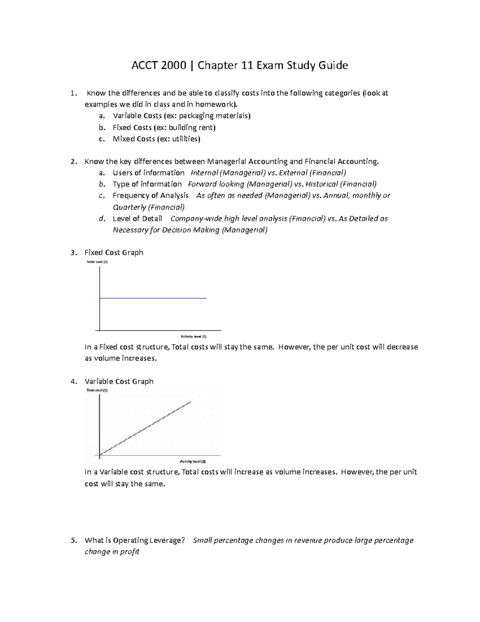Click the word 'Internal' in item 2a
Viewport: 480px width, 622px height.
point(204,173)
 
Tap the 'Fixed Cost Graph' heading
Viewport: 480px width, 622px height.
point(114,252)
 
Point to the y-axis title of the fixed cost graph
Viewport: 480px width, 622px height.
point(97,262)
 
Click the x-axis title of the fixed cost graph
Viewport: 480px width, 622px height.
point(194,337)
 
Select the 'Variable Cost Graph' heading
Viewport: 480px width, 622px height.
point(119,381)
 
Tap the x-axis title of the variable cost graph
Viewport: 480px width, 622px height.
point(193,461)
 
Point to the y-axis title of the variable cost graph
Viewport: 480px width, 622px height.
point(97,391)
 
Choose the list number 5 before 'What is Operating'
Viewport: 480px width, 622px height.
point(73,540)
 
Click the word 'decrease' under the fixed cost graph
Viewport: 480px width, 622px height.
point(402,347)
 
